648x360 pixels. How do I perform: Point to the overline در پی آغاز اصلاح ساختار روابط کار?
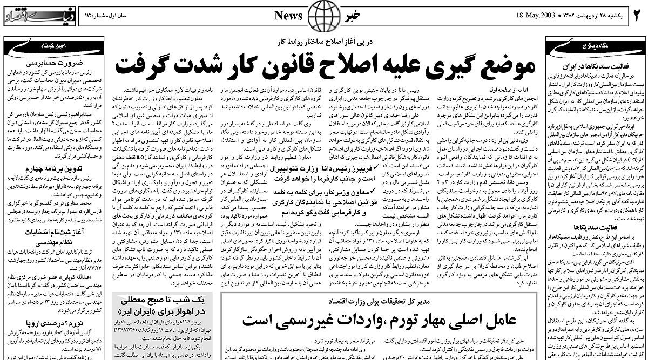pos(324,40)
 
